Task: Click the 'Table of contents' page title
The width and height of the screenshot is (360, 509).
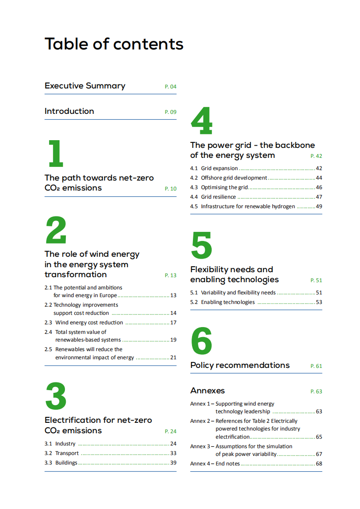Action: [x=114, y=44]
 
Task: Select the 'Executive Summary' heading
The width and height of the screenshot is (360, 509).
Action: [x=85, y=86]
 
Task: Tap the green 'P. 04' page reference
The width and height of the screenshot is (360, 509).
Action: [x=170, y=87]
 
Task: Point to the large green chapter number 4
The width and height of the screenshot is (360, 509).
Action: [x=202, y=121]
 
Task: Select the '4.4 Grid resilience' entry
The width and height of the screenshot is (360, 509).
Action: [x=213, y=197]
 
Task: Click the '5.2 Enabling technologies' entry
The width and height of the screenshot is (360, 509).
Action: [x=222, y=302]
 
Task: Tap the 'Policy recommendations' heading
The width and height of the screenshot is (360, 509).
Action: [x=240, y=365]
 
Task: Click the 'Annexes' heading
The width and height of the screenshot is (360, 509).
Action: [x=207, y=391]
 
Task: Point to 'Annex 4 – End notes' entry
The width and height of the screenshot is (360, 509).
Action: [x=215, y=464]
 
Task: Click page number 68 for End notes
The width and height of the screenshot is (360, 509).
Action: [x=319, y=464]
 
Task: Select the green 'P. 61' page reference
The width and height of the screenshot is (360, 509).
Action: [x=316, y=366]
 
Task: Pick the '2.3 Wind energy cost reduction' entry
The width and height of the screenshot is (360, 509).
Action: [x=84, y=323]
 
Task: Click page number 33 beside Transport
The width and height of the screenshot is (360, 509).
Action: [x=173, y=453]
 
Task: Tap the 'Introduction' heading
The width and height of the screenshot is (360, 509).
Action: [x=69, y=111]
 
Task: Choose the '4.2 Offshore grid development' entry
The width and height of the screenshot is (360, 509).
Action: [x=228, y=178]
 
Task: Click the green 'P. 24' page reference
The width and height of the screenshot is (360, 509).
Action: [x=170, y=431]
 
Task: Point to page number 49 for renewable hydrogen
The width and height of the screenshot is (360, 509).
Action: [x=319, y=206]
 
